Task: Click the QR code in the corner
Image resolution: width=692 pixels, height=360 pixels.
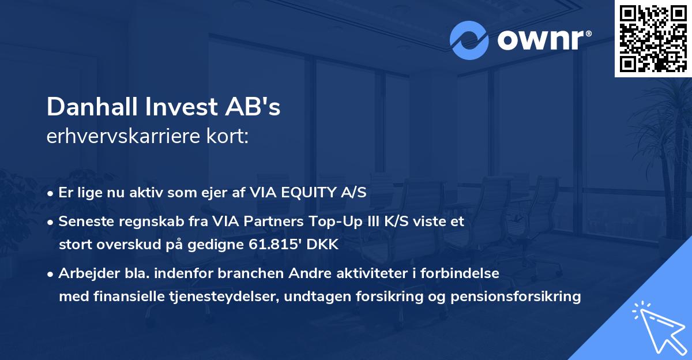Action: [x=653, y=38]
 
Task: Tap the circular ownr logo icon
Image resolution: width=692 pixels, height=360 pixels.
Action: [x=469, y=40]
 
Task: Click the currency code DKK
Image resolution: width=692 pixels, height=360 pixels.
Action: [x=324, y=245]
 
